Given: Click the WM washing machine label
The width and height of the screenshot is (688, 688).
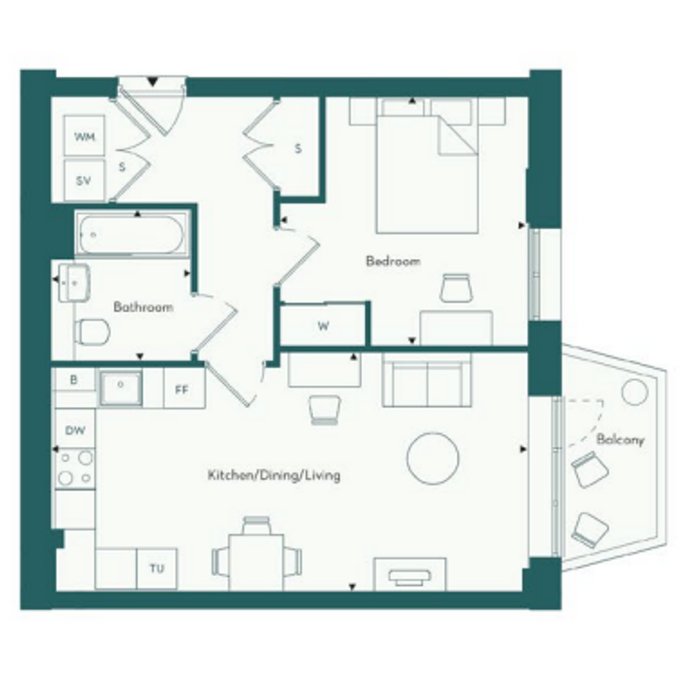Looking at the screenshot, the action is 84,137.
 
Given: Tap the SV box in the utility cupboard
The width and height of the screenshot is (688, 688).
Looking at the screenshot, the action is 84,180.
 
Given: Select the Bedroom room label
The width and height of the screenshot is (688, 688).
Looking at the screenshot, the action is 393,261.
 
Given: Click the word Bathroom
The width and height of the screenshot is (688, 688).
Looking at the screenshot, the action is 143,307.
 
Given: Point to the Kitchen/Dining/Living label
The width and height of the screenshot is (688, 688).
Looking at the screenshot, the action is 274,475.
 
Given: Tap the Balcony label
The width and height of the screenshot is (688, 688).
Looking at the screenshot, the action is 620,440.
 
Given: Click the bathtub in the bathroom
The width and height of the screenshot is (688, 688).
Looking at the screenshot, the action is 131,234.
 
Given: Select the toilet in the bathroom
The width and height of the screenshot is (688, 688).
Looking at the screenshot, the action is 92,332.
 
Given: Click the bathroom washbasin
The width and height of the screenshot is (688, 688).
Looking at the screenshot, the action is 74,283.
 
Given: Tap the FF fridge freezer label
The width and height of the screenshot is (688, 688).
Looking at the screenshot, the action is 182,390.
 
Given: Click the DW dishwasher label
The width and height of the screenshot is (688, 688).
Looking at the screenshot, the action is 75,430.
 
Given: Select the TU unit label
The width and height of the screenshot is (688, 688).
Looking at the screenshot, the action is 157,569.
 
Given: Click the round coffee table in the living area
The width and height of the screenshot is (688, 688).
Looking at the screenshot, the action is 432,459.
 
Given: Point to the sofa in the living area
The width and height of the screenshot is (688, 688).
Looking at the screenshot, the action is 427,380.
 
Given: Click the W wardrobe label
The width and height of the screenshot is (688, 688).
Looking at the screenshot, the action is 323,326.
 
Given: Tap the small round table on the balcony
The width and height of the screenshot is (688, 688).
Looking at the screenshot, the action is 635,392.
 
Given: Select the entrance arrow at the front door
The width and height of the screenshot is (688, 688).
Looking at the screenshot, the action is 152,82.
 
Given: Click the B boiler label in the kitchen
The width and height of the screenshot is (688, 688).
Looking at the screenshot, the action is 74,380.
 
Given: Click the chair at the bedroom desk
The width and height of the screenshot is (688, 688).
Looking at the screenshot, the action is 456,288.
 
